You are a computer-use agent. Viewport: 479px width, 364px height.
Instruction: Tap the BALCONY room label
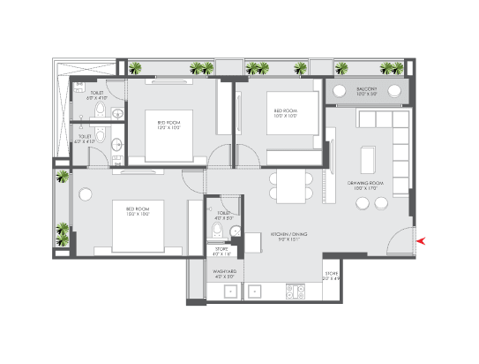(x=366, y=90)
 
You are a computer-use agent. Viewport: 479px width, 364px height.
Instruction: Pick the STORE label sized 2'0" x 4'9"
(x=333, y=276)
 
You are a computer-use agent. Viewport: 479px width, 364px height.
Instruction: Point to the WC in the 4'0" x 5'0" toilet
(x=217, y=231)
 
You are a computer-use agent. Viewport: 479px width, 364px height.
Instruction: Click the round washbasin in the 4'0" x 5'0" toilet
(x=235, y=232)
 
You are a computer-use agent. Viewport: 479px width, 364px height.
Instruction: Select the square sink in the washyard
(x=229, y=291)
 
